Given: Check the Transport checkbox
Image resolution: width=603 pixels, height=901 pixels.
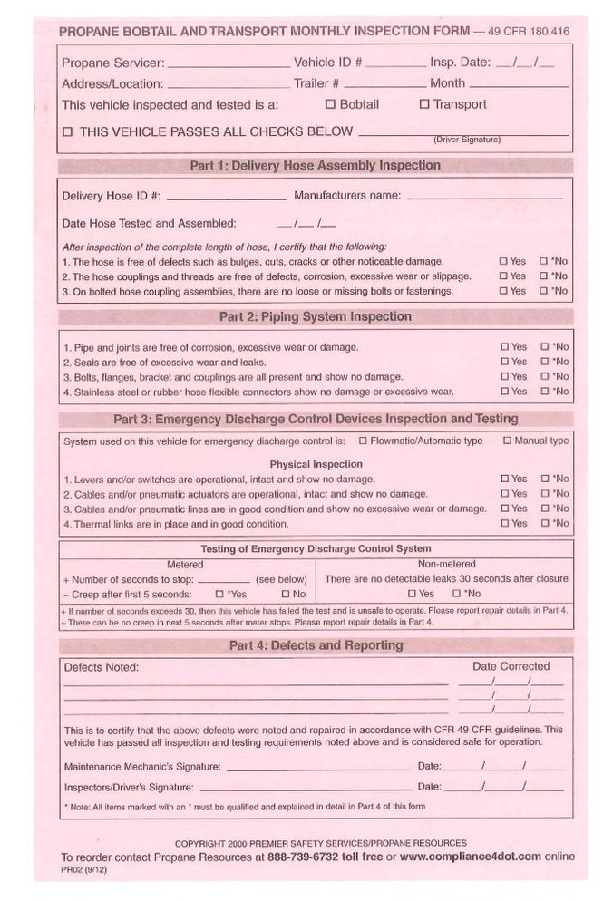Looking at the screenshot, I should click(x=423, y=104).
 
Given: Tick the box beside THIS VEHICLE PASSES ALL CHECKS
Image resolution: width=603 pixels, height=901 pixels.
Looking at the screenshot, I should click(x=67, y=131).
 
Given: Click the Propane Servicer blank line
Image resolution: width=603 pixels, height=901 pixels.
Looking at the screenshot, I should click(x=229, y=65).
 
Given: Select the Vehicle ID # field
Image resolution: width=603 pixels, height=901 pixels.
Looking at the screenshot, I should click(x=395, y=65).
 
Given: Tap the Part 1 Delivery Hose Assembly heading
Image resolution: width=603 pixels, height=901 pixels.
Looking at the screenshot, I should click(x=315, y=166).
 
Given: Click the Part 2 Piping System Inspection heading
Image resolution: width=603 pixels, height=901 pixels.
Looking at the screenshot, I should click(x=315, y=317).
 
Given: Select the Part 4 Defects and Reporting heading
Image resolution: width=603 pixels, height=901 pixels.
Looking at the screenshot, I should click(x=315, y=645).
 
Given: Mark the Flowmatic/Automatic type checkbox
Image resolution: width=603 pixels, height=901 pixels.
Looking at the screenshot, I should click(x=363, y=441).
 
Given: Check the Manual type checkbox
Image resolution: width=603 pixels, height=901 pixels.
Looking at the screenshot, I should click(x=507, y=441).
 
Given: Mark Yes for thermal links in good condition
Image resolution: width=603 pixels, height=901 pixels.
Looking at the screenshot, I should click(x=504, y=524).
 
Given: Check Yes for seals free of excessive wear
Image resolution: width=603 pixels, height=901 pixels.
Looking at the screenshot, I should click(x=504, y=362).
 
